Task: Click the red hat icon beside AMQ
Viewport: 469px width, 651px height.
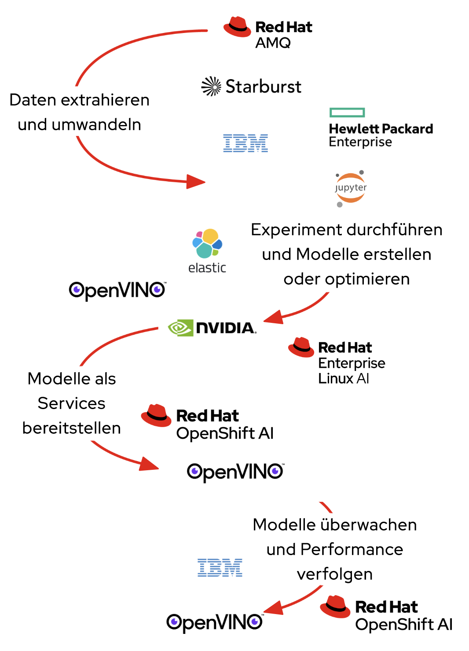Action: [x=237, y=27]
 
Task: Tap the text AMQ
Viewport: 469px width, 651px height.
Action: [x=273, y=43]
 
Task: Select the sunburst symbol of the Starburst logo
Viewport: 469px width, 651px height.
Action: [x=211, y=86]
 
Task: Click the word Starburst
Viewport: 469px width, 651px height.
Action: [x=263, y=87]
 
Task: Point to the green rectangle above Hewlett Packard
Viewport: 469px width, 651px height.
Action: [x=347, y=113]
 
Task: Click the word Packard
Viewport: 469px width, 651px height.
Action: [x=407, y=129]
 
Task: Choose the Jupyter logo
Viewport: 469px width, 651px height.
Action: [x=350, y=188]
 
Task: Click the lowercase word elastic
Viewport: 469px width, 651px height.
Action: [x=207, y=267]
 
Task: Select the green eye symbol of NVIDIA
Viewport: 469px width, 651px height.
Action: [x=180, y=328]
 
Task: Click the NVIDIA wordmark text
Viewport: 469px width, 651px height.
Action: [x=225, y=328]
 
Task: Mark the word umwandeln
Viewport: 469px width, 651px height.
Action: [x=96, y=125]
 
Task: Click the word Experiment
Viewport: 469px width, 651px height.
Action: [x=297, y=230]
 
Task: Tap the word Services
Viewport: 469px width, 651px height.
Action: [x=71, y=403]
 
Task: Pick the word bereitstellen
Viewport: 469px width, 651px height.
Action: [x=71, y=428]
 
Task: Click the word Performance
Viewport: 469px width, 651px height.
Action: [x=352, y=549]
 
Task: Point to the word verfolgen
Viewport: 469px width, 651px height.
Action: [x=334, y=574]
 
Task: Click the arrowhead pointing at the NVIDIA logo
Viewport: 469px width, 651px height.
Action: [x=274, y=317]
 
